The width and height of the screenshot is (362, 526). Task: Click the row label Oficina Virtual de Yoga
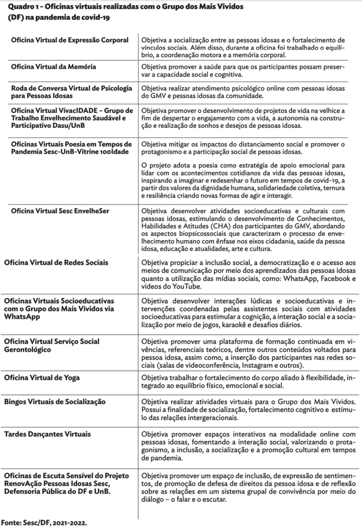42,378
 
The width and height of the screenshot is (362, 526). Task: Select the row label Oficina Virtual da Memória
53,67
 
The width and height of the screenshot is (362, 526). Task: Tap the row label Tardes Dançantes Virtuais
48,435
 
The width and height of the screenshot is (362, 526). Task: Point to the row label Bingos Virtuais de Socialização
54,401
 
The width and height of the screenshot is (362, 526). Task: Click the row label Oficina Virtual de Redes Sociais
56,262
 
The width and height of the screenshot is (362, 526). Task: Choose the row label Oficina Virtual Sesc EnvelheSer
60,211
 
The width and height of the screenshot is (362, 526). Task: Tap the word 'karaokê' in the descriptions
254,325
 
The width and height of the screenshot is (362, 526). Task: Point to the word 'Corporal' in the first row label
113,40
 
